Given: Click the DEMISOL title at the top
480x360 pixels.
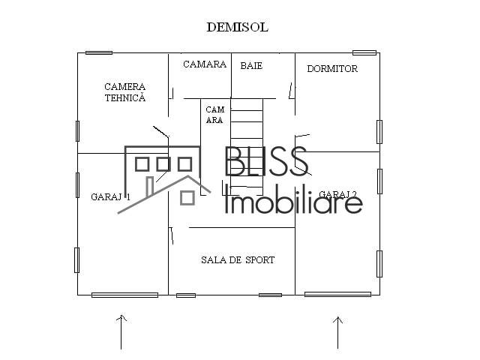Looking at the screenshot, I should click(237, 27).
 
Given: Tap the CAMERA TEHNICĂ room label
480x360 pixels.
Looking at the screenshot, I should click(124, 92).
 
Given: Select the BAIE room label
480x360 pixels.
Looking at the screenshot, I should click(251, 66).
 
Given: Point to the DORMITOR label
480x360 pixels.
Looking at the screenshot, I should click(332, 69).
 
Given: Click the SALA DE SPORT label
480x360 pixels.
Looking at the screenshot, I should click(237, 260).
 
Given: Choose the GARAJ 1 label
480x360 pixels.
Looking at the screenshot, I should click(110, 197).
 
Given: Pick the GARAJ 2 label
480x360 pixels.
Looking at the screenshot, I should click(337, 194).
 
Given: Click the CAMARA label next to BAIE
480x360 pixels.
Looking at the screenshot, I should click(204, 64).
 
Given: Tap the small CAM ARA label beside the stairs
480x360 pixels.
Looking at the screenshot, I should click(214, 115).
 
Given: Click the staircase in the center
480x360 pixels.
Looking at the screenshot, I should click(247, 142).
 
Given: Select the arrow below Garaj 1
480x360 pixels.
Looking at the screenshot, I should click(121, 331).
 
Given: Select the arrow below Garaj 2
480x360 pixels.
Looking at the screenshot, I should click(338, 331).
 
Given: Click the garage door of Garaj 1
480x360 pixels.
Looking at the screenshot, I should click(124, 295).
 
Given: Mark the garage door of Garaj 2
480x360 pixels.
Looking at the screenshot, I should click(337, 294).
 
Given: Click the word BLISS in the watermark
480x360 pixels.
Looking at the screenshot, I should click(266, 162).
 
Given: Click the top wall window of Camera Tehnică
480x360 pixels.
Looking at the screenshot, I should click(99, 52).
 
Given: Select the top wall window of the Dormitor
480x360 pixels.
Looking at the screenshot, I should click(364, 52).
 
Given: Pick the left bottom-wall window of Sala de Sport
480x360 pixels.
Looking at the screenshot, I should click(185, 295).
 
